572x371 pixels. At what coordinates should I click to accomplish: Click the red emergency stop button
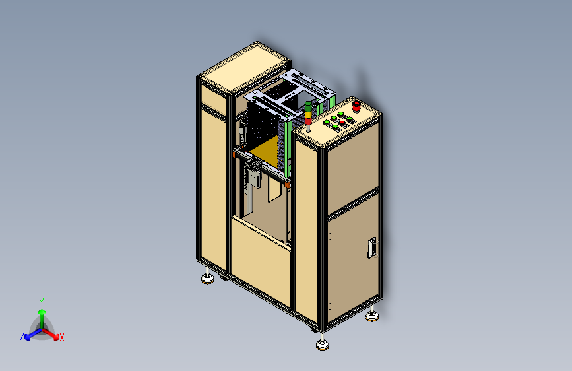coord(356,106)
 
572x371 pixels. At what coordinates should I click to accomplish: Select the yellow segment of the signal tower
coord(308,115)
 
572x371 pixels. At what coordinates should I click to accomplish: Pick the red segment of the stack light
coord(308,121)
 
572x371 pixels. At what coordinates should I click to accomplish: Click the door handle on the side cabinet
coord(371,248)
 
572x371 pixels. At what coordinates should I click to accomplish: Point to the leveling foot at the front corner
coord(322,344)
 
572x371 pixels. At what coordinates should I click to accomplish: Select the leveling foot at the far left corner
coord(208,278)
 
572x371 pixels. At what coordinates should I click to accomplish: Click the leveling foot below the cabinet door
coord(372,315)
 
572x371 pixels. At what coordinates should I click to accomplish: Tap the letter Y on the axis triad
coord(42,302)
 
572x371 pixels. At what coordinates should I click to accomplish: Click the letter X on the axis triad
coord(62,337)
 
